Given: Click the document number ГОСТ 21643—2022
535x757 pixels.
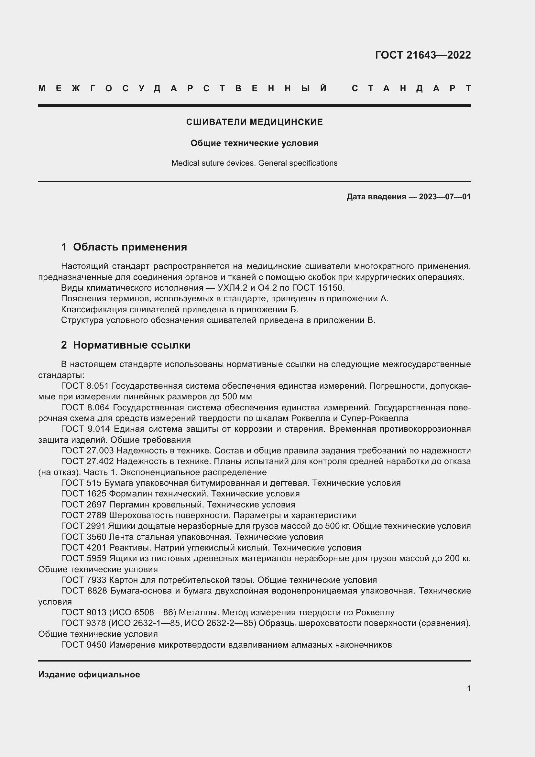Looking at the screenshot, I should point(423,55).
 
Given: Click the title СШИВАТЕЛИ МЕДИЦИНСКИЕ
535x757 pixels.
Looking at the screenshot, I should point(254,122).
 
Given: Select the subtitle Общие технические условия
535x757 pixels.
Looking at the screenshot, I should point(254,143).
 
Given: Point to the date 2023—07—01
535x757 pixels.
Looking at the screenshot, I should point(444,197).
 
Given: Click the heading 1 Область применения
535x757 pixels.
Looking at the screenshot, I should point(124,247).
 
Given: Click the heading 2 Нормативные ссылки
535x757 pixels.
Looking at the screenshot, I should point(126,345).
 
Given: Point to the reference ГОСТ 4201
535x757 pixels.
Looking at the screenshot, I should point(84,548).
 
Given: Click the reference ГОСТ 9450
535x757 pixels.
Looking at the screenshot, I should point(84,645).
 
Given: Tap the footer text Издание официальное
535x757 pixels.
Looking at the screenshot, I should point(89,674).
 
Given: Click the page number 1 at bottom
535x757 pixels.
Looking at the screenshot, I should point(468,689).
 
